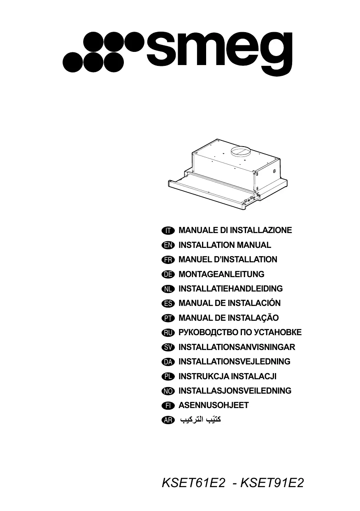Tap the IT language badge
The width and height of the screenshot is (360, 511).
tap(168, 231)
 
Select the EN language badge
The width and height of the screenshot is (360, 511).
tap(168, 245)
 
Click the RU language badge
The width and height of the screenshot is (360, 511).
tap(168, 333)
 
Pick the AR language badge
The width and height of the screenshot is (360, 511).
tap(168, 420)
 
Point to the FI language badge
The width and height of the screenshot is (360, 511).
tap(168, 406)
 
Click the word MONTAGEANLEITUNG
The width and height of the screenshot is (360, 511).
tap(221, 274)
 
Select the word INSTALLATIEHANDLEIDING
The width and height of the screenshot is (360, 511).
tap(230, 289)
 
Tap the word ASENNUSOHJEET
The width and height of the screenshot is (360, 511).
tap(214, 406)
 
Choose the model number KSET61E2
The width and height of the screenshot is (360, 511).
tap(194, 483)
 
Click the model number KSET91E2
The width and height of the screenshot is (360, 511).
tap(272, 483)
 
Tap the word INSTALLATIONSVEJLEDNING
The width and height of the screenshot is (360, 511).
tap(235, 362)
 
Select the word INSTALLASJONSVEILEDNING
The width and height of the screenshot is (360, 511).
tap(235, 391)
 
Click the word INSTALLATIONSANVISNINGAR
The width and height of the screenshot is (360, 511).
tap(237, 347)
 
